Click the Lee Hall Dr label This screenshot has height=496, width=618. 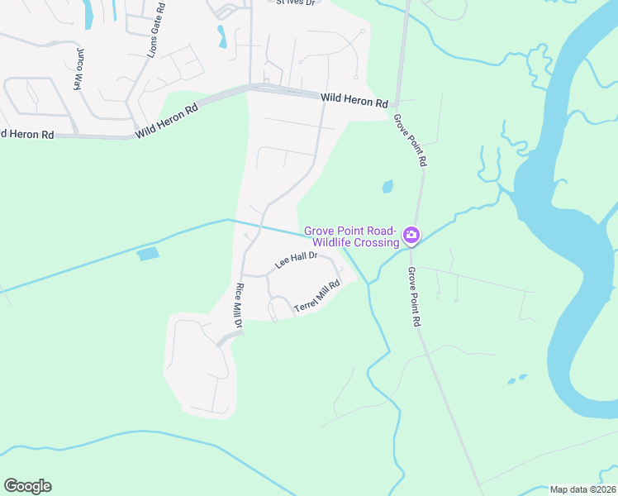point(297,260)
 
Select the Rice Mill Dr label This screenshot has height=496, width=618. point(240,307)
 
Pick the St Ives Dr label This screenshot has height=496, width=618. point(296,2)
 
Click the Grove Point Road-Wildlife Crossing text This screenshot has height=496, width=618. point(352,236)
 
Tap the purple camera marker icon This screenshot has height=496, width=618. point(411,237)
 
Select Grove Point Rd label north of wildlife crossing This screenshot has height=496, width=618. point(410,141)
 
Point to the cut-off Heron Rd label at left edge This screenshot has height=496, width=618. point(27,134)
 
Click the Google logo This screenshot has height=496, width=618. point(27,486)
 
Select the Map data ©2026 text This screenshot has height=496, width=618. point(582,489)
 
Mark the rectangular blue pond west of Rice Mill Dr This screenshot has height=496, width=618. point(147,254)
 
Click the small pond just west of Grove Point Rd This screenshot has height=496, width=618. point(387,188)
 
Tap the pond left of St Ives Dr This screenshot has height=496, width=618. point(221,36)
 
